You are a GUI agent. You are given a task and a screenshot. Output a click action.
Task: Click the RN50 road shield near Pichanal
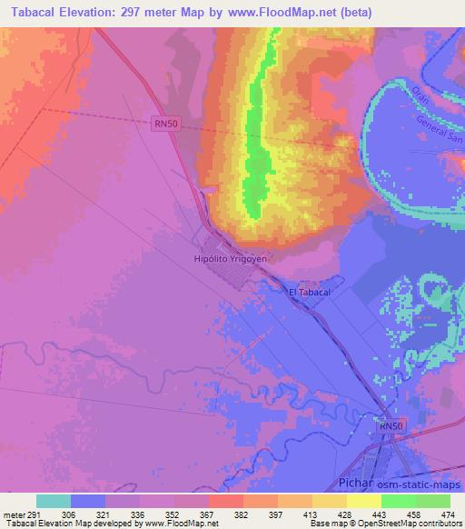pyautogui.click(x=389, y=425)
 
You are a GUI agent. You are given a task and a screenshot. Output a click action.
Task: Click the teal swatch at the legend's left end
pyautogui.click(x=54, y=500)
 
